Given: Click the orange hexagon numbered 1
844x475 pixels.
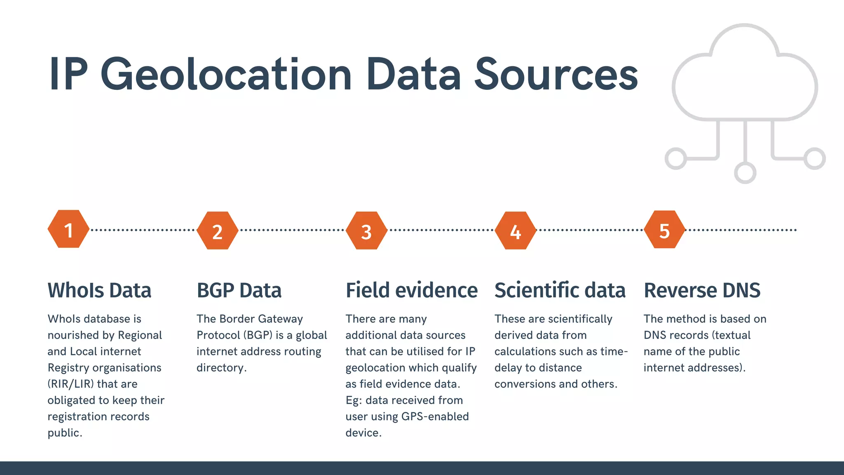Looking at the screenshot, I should point(68,229).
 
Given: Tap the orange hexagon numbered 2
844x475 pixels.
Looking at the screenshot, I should point(218,230).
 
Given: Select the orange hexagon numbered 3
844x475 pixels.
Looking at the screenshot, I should point(366,230).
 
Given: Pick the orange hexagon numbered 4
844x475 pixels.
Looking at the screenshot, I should point(516,230).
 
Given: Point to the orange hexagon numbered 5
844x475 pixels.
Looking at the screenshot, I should point(664,230).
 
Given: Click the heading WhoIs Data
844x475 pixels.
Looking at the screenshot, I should point(99,290).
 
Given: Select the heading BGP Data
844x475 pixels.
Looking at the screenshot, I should point(239,290).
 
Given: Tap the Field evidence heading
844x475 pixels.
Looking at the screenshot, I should point(411,290).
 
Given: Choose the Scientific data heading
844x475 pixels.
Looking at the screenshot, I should point(560,290).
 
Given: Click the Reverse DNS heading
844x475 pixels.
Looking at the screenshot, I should point(702,290).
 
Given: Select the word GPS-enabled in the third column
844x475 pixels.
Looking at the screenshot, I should point(435,416).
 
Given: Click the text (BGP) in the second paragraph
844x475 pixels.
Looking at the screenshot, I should point(258,335).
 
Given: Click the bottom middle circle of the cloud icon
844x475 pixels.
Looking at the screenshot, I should point(745,173).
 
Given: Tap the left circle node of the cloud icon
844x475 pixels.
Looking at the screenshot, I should point(676,158).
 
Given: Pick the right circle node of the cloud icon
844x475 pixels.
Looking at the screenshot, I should point(814,158).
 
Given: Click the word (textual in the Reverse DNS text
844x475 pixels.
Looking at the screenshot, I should point(731,335).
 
